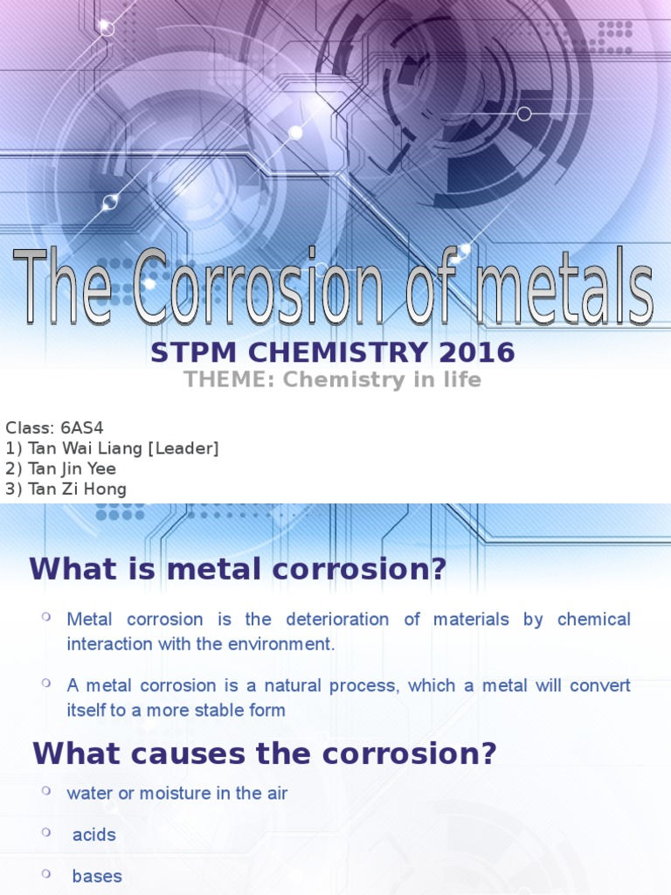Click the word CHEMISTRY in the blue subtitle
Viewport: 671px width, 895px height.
pos(335,353)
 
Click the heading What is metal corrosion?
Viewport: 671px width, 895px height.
pos(238,569)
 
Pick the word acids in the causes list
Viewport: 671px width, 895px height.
pos(94,835)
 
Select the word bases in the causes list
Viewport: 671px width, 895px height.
pos(97,876)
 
